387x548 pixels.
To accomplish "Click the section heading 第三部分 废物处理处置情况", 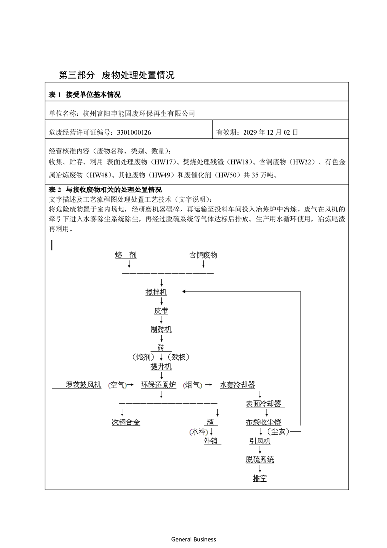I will pyautogui.click(x=116, y=75).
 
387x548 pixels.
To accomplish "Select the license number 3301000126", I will pyautogui.click(x=136, y=132).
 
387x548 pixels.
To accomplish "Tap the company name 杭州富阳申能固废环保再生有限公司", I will pyautogui.click(x=139, y=113).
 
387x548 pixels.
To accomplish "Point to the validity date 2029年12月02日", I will pyautogui.click(x=271, y=132).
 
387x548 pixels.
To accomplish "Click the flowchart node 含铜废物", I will pyautogui.click(x=203, y=255).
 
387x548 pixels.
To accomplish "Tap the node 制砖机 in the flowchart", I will pyautogui.click(x=161, y=329).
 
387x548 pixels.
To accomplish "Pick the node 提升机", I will pyautogui.click(x=161, y=366).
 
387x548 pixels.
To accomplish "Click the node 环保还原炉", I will pyautogui.click(x=158, y=385).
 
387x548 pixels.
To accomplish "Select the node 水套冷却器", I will pyautogui.click(x=237, y=385).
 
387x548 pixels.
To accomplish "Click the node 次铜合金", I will pyautogui.click(x=125, y=422).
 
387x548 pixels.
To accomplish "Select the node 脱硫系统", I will pyautogui.click(x=260, y=460).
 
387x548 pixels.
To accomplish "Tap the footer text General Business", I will pyautogui.click(x=193, y=539).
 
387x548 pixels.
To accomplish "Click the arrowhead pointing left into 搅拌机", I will pyautogui.click(x=184, y=292).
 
